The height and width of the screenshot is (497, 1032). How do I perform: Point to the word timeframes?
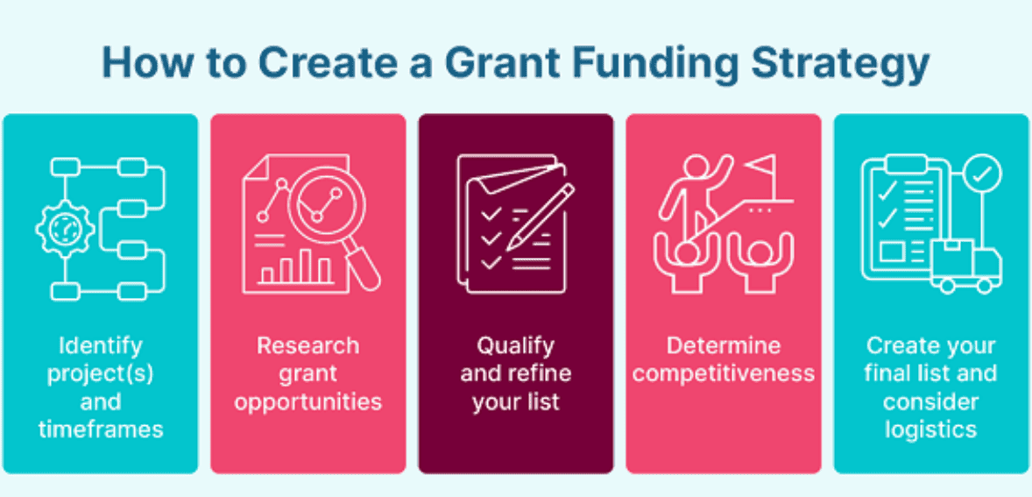coord(101,429)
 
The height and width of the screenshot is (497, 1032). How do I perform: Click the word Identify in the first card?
coord(101,345)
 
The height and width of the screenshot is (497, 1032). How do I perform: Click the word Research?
coord(307,345)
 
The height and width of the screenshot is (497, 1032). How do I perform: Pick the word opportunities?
coord(307,401)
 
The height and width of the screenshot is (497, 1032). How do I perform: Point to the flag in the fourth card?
coord(760,165)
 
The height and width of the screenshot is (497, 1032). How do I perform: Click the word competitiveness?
coord(724,373)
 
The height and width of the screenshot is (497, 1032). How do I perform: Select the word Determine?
coord(724,345)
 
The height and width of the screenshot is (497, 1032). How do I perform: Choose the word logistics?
coord(930,429)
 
